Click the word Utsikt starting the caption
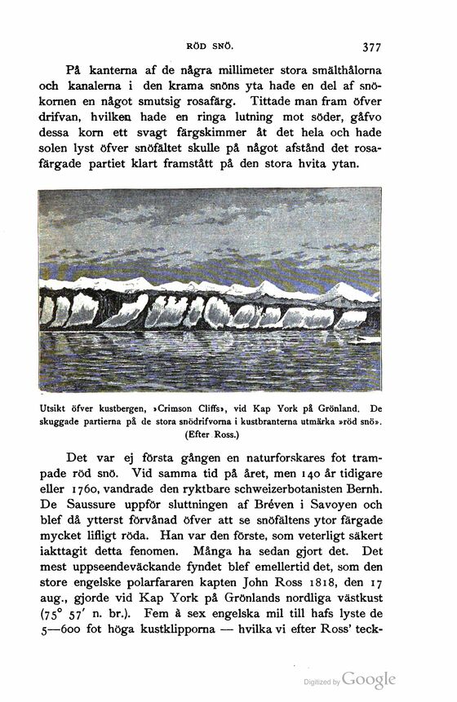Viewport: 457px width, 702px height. click(x=54, y=407)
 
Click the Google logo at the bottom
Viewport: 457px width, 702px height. click(x=369, y=678)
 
